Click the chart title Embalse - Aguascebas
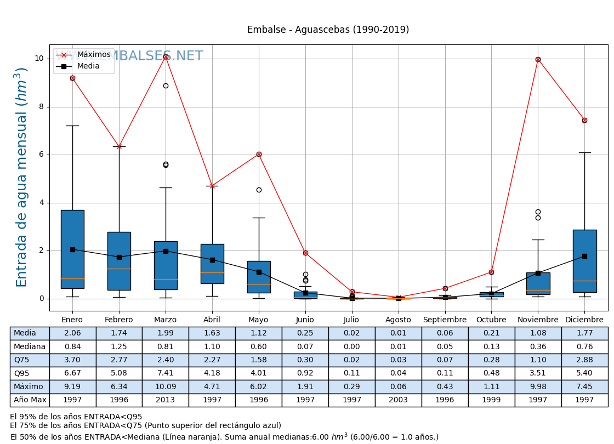(328, 30)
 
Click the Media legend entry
(88, 66)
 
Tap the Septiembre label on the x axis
(445, 320)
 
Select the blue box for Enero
(72, 249)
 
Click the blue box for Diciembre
(584, 261)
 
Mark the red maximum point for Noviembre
(538, 59)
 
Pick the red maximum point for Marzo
(166, 56)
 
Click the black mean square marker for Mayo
(259, 272)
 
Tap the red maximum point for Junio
(305, 253)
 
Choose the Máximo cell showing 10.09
(165, 387)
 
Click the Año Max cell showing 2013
(165, 400)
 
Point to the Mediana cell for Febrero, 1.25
(119, 347)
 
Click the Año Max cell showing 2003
(398, 400)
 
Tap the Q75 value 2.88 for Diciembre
(584, 360)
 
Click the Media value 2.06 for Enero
(72, 333)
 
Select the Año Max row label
(30, 400)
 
